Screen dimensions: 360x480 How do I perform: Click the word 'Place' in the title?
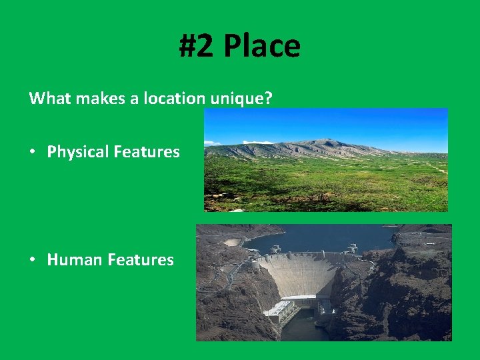click(261, 46)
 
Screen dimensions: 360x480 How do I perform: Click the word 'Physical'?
click(77, 152)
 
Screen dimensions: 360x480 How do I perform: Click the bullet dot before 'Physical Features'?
click(33, 152)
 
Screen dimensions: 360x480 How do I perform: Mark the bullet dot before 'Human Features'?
click(33, 260)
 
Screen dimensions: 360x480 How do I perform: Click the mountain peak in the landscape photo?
click(325, 141)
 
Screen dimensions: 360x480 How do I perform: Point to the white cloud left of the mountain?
click(213, 143)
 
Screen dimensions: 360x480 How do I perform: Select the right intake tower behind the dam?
click(351, 249)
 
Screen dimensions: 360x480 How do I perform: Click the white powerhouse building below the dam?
click(279, 309)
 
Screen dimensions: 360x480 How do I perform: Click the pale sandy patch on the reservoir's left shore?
click(233, 242)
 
